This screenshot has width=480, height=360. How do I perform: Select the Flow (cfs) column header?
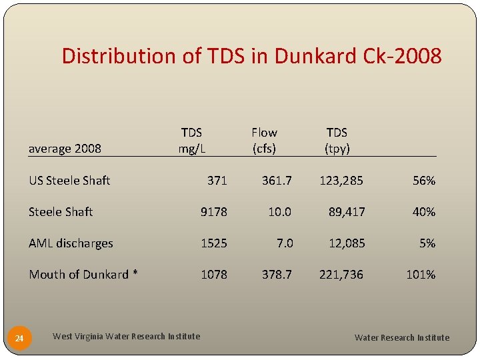click(x=264, y=140)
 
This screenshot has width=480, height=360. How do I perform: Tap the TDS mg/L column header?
click(x=191, y=140)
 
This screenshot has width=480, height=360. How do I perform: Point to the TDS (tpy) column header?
click(x=337, y=140)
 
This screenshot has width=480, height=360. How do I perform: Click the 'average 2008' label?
click(x=65, y=148)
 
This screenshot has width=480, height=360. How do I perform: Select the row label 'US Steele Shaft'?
click(x=69, y=180)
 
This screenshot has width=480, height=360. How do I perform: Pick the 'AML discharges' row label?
click(x=71, y=243)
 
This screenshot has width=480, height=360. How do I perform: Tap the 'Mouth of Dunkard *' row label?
click(x=83, y=274)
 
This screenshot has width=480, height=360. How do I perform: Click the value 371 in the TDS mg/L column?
click(x=217, y=180)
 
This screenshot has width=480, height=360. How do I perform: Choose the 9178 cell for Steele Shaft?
click(x=214, y=212)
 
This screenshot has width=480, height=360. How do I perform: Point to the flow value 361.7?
click(x=277, y=180)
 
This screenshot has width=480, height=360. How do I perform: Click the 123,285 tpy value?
click(x=342, y=180)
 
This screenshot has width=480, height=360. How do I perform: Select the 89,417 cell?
click(x=347, y=212)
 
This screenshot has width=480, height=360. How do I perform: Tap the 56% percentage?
click(x=423, y=180)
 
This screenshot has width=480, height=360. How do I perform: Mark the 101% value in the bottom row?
click(x=421, y=274)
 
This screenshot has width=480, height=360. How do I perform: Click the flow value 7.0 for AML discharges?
click(x=285, y=243)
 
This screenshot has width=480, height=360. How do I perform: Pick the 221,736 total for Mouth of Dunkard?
click(x=341, y=274)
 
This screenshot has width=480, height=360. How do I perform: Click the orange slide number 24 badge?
click(x=19, y=339)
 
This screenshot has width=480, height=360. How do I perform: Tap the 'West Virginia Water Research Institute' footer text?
click(x=126, y=336)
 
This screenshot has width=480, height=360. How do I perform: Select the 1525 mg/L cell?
click(x=214, y=243)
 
